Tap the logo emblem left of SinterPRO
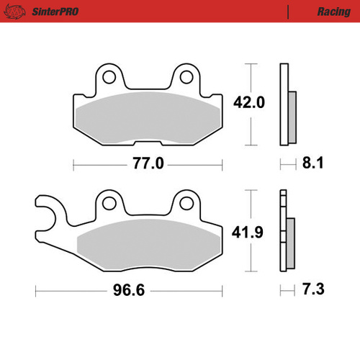point(15,12)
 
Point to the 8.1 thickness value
point(314,164)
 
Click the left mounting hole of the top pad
point(109,75)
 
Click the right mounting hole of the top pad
point(186,75)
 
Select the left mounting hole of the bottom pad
point(109,202)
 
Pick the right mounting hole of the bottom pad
point(186,202)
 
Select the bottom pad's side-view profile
point(285,234)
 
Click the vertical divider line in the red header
point(288,12)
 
